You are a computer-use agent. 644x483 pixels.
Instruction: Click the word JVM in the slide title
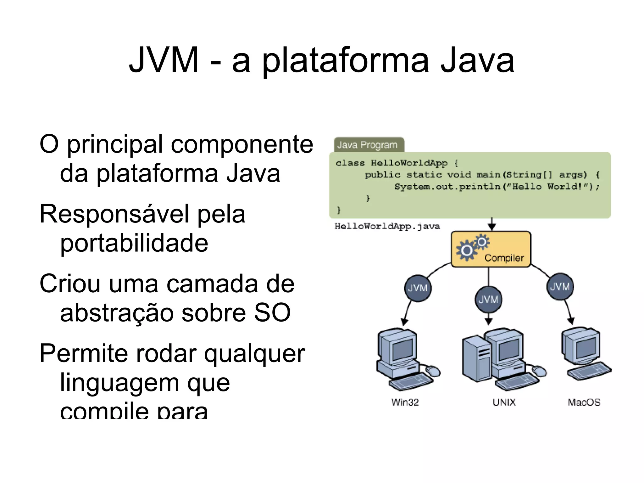click(164, 60)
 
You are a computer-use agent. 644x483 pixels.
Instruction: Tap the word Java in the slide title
click(477, 60)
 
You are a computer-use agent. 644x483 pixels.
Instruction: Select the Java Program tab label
click(367, 145)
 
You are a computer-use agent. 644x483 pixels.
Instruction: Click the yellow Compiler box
click(491, 249)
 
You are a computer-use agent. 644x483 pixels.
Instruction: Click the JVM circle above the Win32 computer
click(418, 288)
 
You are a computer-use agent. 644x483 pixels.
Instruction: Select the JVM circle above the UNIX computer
click(488, 299)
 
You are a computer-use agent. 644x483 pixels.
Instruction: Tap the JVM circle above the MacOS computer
click(560, 287)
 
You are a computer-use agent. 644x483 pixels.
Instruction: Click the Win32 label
click(405, 402)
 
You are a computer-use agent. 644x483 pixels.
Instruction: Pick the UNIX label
click(504, 402)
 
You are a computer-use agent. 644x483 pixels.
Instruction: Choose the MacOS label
click(584, 402)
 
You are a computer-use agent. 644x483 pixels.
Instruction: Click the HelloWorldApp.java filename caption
click(387, 226)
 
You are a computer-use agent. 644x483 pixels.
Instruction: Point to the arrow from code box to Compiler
click(492, 224)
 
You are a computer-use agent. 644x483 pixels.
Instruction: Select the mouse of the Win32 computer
click(433, 371)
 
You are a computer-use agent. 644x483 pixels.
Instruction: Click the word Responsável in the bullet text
click(114, 214)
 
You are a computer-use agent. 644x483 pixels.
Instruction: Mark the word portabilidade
click(134, 243)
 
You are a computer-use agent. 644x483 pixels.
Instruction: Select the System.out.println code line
click(497, 187)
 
